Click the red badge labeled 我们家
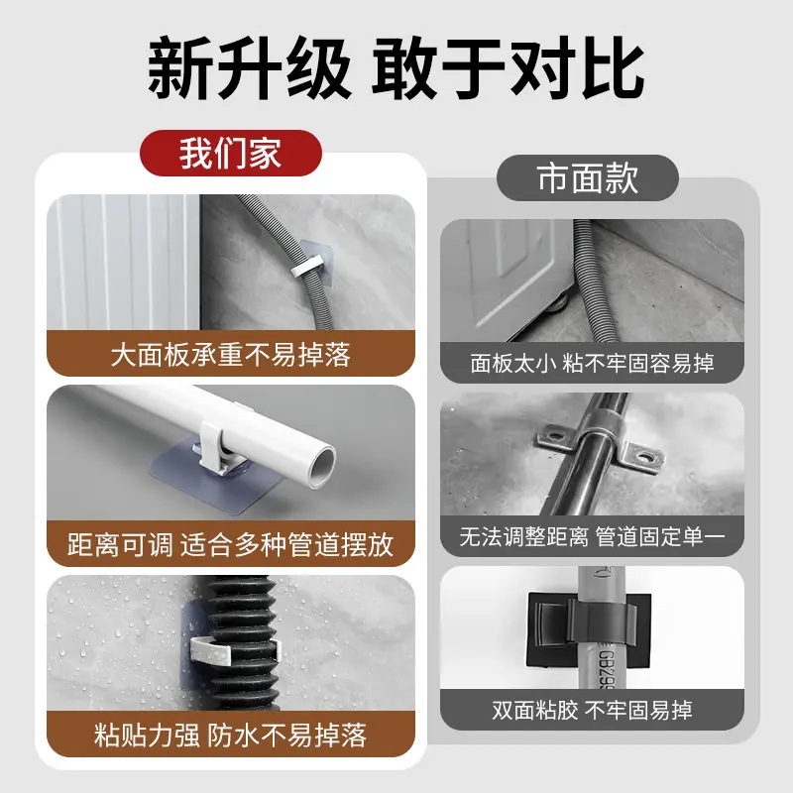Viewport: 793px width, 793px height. click(x=230, y=154)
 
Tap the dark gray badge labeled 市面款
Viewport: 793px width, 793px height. click(x=587, y=178)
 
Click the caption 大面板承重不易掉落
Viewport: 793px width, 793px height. click(x=230, y=354)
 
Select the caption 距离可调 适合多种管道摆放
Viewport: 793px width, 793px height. click(x=230, y=544)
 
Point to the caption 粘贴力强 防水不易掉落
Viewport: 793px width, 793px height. click(x=230, y=735)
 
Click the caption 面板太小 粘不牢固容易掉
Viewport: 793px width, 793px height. click(x=592, y=363)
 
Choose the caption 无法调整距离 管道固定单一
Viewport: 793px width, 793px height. click(x=592, y=537)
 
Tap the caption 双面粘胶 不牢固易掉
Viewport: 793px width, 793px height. click(x=592, y=710)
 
